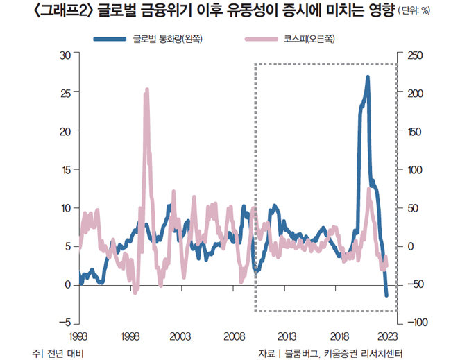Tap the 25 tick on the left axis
(x=67, y=94)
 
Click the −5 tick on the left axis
(x=65, y=323)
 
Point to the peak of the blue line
(x=368, y=77)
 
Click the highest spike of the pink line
(x=146, y=90)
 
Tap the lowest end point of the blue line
(x=386, y=295)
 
